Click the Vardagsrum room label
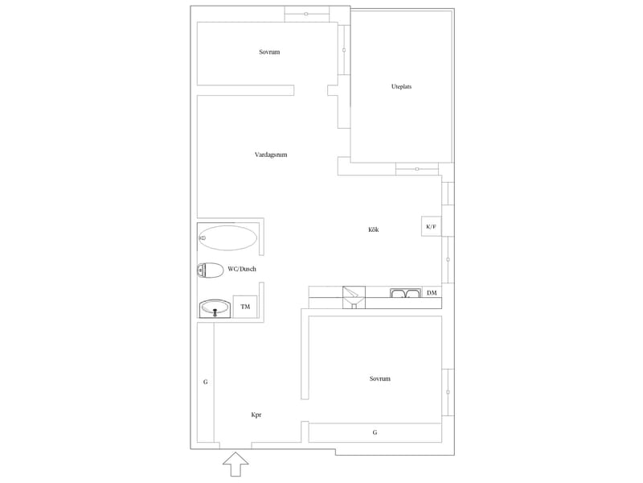point(271,155)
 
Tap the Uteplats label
point(401,87)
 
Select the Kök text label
point(373,229)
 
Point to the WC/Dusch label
point(242,269)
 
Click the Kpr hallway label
point(256,415)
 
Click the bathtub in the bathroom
point(227,237)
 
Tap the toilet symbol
point(210,270)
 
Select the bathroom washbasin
point(215,309)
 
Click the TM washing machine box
point(245,307)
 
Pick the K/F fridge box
point(432,226)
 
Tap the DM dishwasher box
point(432,293)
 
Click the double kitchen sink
point(406,293)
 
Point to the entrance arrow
point(235,464)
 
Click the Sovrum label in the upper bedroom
point(269,52)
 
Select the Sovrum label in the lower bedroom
point(379,378)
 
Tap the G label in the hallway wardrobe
point(206,382)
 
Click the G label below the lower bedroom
point(375,432)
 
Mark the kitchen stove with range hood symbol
point(354,297)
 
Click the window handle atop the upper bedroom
point(306,14)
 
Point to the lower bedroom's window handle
point(448,392)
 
